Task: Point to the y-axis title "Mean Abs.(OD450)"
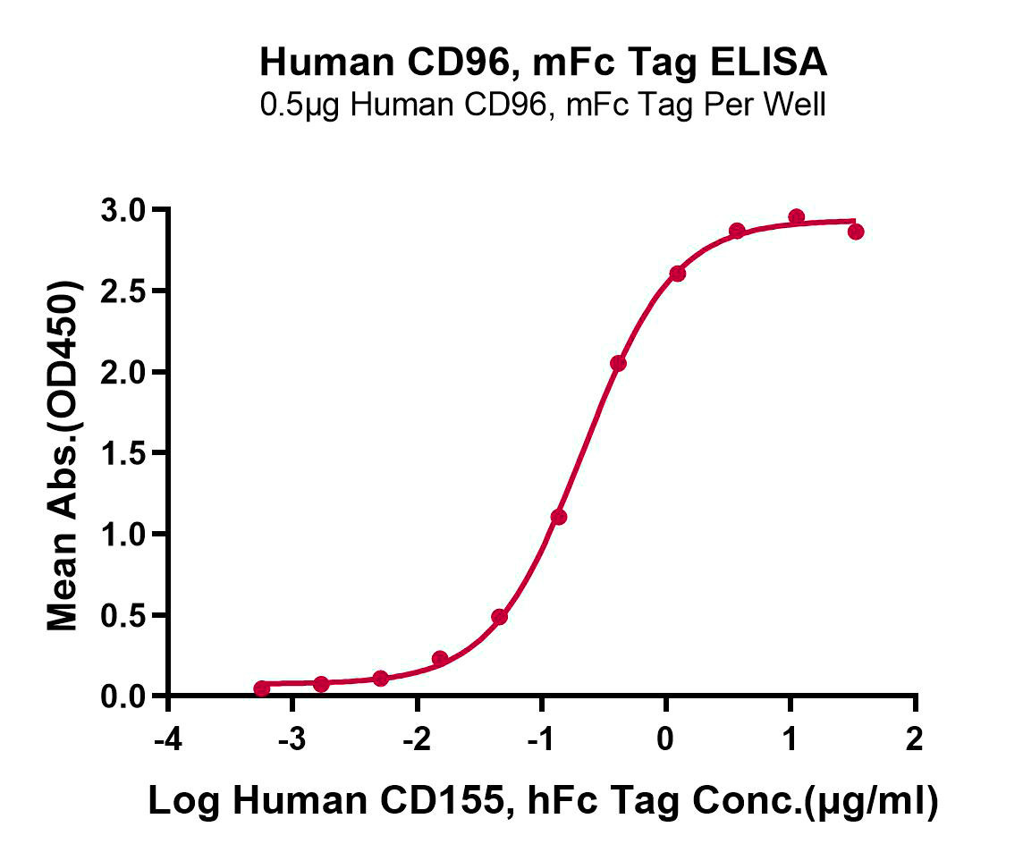[x=63, y=456]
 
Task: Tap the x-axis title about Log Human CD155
[x=543, y=802]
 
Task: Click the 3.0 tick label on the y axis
[x=127, y=211]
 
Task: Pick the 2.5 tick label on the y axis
[x=127, y=291]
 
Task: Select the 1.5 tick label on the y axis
[x=127, y=453]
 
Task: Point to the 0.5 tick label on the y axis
[x=127, y=615]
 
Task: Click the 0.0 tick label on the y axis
[x=127, y=696]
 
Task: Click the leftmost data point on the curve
[x=261, y=688]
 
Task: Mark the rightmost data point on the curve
[x=856, y=232]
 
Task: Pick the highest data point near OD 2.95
[x=796, y=217]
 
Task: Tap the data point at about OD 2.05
[x=618, y=363]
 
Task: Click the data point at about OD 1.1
[x=559, y=517]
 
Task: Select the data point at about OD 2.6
[x=677, y=274]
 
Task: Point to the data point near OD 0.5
[x=499, y=617]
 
